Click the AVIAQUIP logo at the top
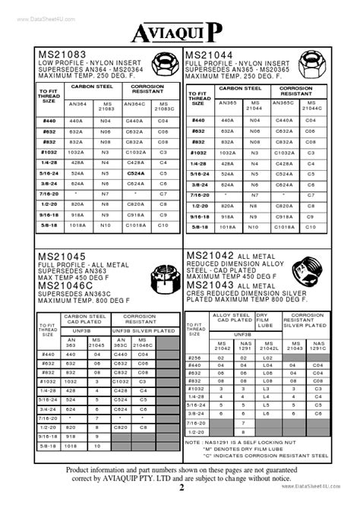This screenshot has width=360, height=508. click(x=179, y=31)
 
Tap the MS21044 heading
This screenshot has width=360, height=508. click(x=213, y=55)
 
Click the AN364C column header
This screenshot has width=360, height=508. click(x=134, y=105)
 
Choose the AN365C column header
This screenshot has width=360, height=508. click(x=283, y=104)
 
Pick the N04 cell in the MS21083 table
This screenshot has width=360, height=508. click(x=106, y=120)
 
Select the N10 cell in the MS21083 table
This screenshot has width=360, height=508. click(x=106, y=226)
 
